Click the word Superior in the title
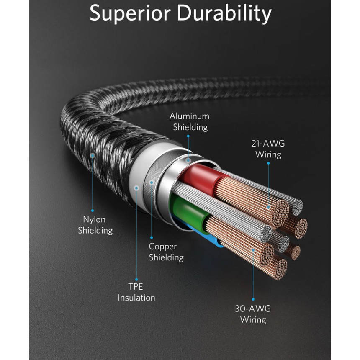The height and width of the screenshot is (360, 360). pos(130,14)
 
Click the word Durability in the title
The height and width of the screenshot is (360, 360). pos(224,13)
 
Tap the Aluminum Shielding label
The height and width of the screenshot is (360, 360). pos(190,122)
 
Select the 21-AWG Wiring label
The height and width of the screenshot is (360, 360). pos(268,149)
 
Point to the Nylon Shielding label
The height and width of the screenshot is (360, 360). pos(95,225)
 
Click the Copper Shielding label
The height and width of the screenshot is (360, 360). pos(166,252)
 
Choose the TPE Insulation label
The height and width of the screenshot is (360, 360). pos(136,292)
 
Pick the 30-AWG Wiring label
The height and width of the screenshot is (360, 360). pos(253,314)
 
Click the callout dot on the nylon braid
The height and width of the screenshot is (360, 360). pos(92,156)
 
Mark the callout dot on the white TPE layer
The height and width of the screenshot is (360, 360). pos(136,188)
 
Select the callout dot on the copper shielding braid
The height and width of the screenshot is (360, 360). pos(152,183)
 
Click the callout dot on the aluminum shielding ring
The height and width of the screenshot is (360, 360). pos(188,160)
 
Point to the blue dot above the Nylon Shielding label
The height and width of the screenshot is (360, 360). pos(92,211)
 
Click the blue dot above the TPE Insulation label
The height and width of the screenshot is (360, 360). pos(136,280)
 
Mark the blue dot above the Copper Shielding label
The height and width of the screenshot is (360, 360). pos(152,238)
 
